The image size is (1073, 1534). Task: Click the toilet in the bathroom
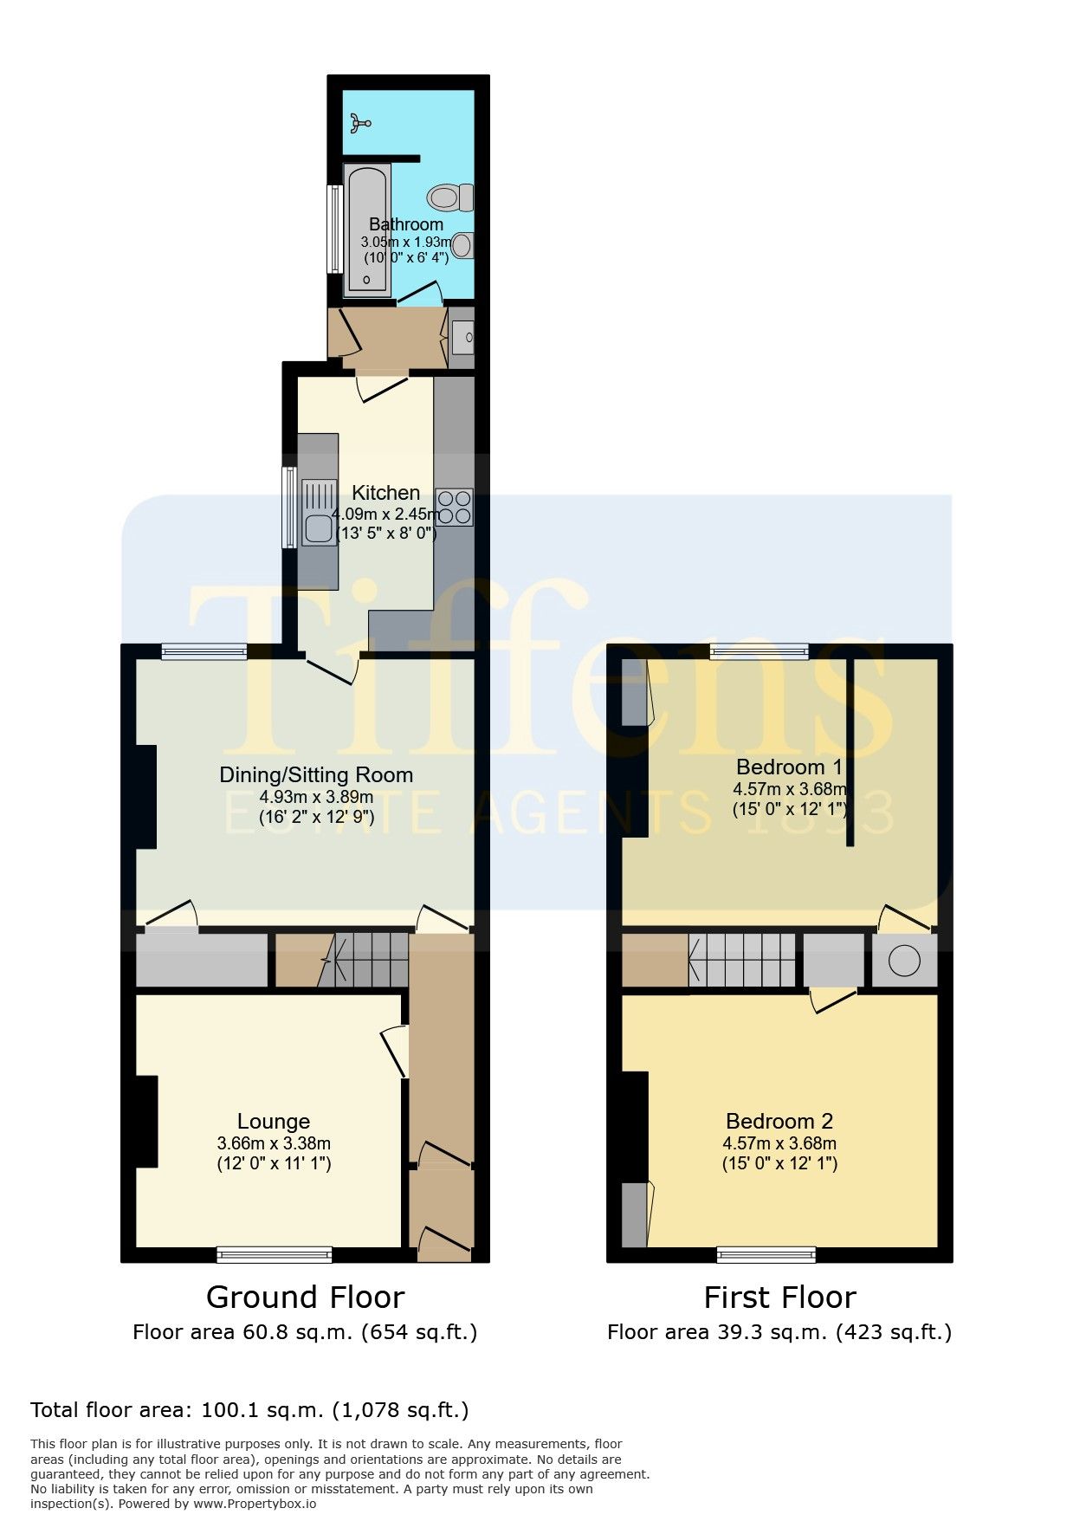(451, 197)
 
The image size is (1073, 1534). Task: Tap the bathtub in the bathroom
(368, 229)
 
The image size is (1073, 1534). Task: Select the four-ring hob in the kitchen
(455, 507)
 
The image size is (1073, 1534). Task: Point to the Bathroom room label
(406, 224)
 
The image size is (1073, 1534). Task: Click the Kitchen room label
(386, 493)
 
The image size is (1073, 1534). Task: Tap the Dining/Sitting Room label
(316, 774)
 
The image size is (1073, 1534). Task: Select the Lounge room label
(274, 1122)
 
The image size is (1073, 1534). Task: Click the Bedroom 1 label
(789, 767)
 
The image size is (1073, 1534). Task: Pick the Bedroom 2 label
(779, 1122)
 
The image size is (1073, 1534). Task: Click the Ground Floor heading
(305, 1297)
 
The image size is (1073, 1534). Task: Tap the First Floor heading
(779, 1297)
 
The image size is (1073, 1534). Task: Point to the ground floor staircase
(364, 960)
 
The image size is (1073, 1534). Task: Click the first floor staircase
(742, 960)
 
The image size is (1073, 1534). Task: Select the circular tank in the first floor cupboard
(904, 961)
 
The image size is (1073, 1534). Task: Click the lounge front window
(275, 1254)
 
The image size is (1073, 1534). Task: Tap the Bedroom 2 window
(766, 1254)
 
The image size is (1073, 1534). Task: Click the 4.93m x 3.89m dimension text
(316, 797)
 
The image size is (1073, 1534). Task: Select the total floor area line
(249, 1410)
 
